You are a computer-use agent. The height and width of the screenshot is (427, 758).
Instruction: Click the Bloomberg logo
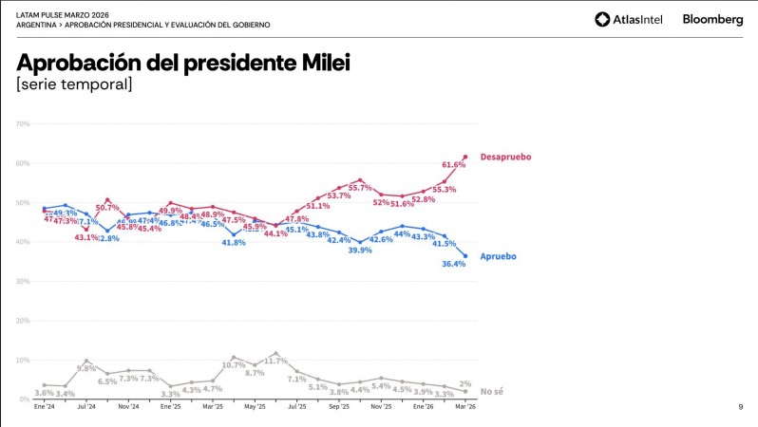(x=712, y=19)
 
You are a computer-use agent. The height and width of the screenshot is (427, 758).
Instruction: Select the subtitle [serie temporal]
(x=74, y=85)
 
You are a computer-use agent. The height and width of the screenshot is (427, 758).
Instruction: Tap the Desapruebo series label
(x=505, y=157)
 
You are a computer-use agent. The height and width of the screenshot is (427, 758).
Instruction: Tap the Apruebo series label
(x=499, y=256)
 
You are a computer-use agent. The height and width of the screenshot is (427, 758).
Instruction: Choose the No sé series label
(x=491, y=391)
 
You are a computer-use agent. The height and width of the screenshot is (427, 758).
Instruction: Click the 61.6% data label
(x=454, y=164)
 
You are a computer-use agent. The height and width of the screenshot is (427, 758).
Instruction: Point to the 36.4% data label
(x=454, y=265)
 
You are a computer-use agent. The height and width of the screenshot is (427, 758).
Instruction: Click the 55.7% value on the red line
(x=360, y=188)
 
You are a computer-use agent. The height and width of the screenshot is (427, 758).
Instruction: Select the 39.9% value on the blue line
(x=360, y=250)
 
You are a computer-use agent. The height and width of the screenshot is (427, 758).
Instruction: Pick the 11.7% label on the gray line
(x=275, y=361)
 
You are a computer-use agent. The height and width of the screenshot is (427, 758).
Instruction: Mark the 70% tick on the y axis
(x=24, y=123)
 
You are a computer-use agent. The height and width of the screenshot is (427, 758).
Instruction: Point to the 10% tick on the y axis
(x=24, y=361)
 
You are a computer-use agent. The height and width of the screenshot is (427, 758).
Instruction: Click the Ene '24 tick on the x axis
(x=45, y=405)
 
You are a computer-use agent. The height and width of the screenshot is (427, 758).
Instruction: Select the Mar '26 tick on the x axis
(x=464, y=405)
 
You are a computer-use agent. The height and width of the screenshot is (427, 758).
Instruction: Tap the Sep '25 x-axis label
(x=339, y=405)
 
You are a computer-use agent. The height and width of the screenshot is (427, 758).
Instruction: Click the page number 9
(x=740, y=407)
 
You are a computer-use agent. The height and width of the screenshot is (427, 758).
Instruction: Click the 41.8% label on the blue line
(x=234, y=243)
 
